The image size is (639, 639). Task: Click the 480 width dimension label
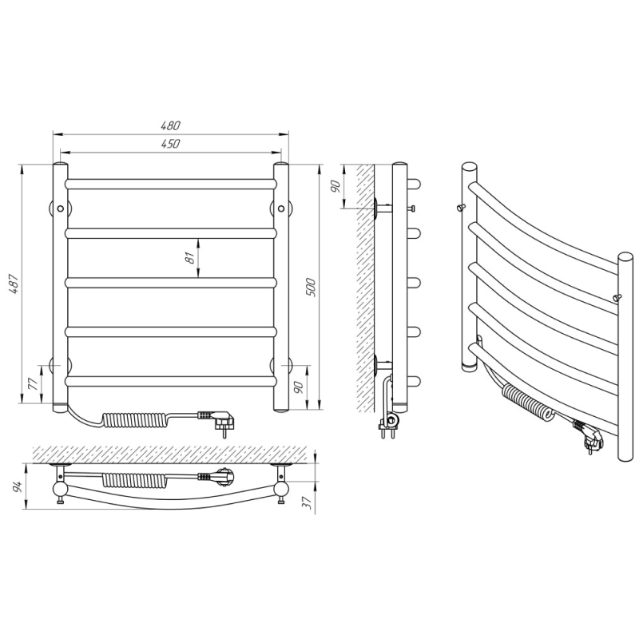[171, 125]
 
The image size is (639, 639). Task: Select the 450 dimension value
[171, 144]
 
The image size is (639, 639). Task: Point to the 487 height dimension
[14, 284]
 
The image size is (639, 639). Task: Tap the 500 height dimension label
[311, 287]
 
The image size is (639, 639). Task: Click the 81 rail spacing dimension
[189, 257]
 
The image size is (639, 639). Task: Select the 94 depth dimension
[18, 486]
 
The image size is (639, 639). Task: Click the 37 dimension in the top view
[308, 502]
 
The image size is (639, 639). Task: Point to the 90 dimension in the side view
[335, 187]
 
